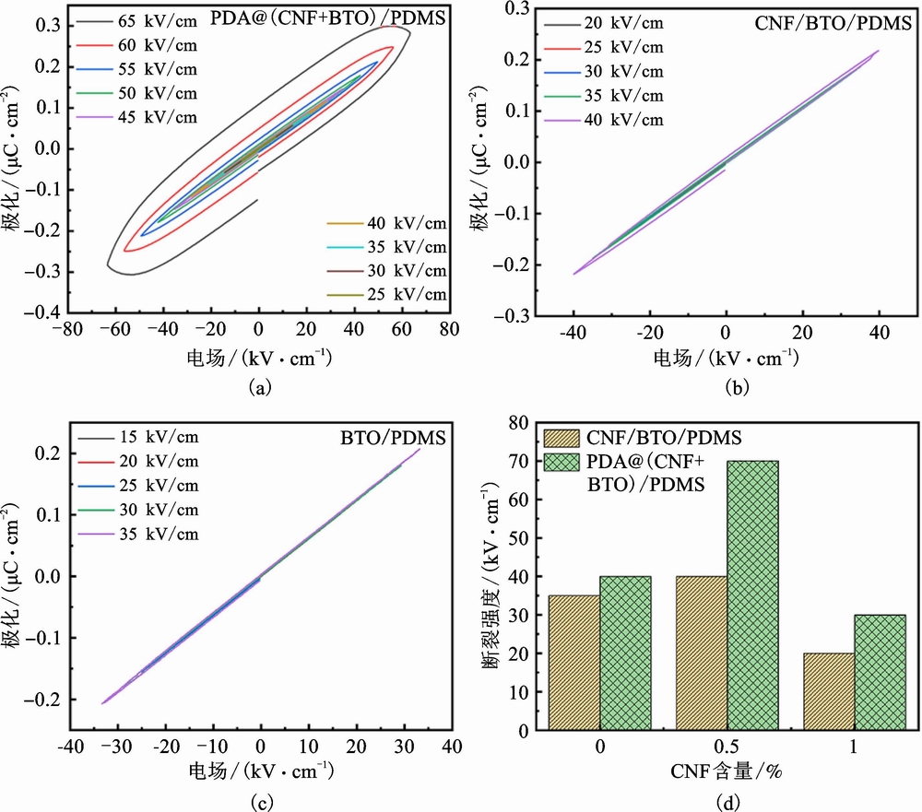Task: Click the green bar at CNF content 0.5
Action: tap(752, 594)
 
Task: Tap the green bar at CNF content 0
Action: tap(625, 653)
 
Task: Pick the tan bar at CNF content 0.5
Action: tap(701, 653)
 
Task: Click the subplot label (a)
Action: tap(260, 389)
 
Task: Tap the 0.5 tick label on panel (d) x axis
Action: tap(727, 749)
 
